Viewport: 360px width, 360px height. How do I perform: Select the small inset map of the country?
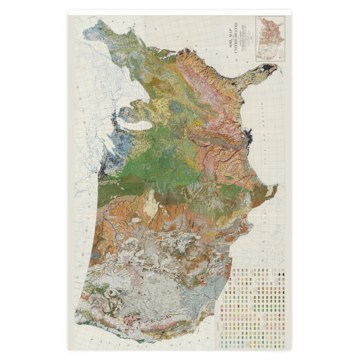coord(270,39)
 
